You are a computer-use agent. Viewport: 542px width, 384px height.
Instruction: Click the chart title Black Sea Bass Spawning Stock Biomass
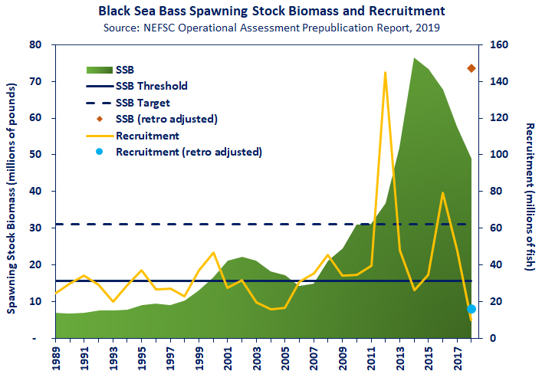(x=271, y=12)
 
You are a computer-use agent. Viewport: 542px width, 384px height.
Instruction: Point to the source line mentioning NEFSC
(x=271, y=28)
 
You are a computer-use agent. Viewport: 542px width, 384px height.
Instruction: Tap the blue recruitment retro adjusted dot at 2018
(x=471, y=309)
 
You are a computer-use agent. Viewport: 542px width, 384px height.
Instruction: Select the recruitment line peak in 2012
(x=385, y=73)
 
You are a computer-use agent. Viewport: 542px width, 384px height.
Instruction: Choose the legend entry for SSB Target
(x=143, y=103)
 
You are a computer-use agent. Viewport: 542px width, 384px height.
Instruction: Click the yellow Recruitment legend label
(x=147, y=136)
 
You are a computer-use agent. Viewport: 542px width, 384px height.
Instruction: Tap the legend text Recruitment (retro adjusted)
(x=189, y=152)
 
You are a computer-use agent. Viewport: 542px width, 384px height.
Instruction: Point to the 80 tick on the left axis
(x=34, y=44)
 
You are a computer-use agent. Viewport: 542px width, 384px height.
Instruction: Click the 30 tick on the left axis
(x=34, y=228)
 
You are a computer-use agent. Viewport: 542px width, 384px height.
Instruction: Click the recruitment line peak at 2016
(x=442, y=193)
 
